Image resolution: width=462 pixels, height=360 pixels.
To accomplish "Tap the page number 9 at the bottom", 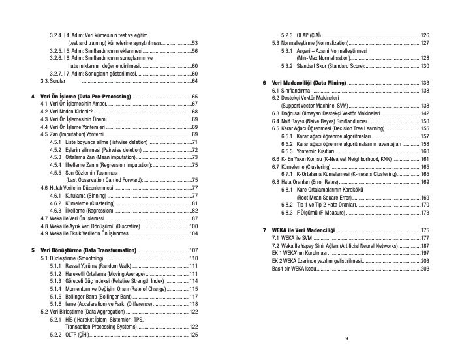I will (x=346, y=339).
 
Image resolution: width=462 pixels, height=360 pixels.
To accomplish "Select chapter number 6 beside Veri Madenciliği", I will (x=263, y=83).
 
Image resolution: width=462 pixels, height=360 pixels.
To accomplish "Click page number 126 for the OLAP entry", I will (x=424, y=35).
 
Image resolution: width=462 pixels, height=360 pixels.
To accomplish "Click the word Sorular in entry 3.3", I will (x=57, y=80).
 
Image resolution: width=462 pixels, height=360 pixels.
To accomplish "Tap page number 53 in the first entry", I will (x=194, y=42).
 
